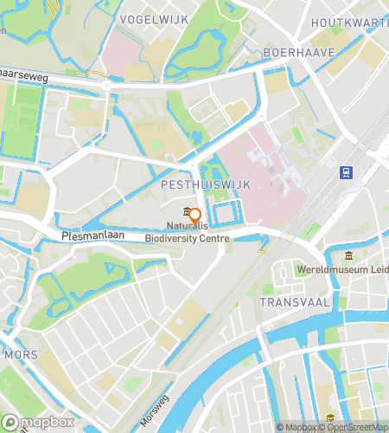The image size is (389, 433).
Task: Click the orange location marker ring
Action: click(x=194, y=216)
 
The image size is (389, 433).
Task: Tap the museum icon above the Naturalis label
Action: click(x=186, y=213)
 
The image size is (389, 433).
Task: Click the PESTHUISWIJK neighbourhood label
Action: click(x=194, y=185)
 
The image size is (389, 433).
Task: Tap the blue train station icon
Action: click(x=347, y=172)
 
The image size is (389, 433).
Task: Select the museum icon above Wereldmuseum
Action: click(x=348, y=255)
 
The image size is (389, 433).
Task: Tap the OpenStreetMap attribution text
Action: click(x=356, y=427)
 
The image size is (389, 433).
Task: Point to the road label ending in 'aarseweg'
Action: click(x=26, y=77)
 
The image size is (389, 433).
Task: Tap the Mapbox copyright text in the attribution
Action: click(x=299, y=427)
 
